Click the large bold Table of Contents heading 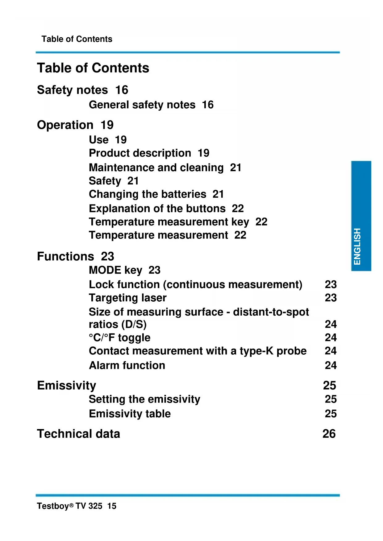click(x=93, y=68)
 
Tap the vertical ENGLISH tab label click(x=357, y=246)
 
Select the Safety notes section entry click(x=73, y=90)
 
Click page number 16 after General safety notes click(x=208, y=105)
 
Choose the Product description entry click(x=140, y=153)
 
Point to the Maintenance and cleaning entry click(x=156, y=167)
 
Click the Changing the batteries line click(x=148, y=194)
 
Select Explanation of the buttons click(x=157, y=209)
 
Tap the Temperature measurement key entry click(x=169, y=222)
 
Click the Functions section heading click(x=65, y=256)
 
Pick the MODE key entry click(x=115, y=270)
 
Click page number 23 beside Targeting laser click(x=331, y=298)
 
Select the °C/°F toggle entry click(x=120, y=338)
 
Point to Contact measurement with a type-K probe click(x=198, y=351)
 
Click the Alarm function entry click(x=127, y=365)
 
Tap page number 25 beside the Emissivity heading click(x=329, y=386)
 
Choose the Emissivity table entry click(x=130, y=414)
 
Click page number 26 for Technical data click(x=329, y=434)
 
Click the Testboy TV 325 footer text click(x=69, y=506)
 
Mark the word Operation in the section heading click(x=65, y=125)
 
